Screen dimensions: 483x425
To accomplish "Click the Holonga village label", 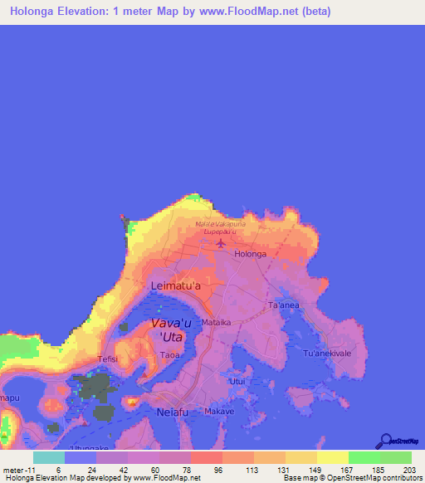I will [x=251, y=254].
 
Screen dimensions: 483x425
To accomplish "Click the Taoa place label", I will [x=169, y=354].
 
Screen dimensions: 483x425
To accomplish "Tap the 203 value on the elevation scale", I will [x=408, y=469].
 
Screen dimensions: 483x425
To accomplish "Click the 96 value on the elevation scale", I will [x=218, y=469].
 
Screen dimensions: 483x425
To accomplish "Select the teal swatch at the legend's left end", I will [x=48, y=457].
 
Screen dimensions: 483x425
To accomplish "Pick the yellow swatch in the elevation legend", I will [x=332, y=457].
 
